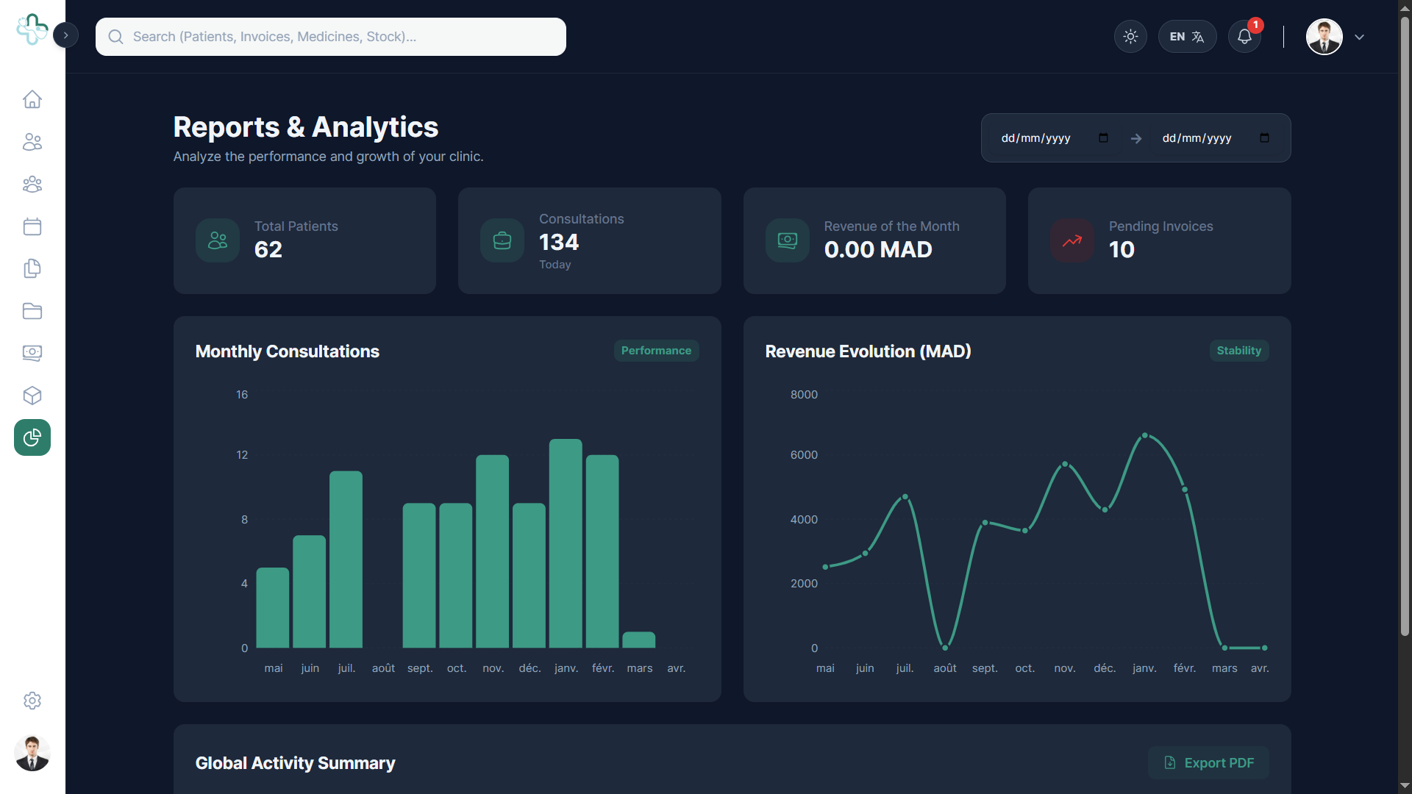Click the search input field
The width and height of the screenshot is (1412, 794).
[x=331, y=37]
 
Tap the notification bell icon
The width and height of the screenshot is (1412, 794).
[x=1244, y=37]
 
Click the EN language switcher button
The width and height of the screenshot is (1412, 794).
[x=1187, y=37]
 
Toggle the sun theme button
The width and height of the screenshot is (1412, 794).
[x=1130, y=37]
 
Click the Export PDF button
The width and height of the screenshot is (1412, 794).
[x=1208, y=763]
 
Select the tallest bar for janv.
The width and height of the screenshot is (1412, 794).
[x=566, y=543]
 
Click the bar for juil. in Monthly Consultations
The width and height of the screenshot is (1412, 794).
[x=346, y=559]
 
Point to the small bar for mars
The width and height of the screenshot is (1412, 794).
[x=639, y=640]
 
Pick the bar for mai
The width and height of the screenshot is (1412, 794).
[x=273, y=608]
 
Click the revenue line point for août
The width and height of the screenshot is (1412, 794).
[x=945, y=648]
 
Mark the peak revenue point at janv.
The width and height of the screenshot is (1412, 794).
[x=1144, y=436]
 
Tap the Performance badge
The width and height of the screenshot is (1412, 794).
[x=656, y=351]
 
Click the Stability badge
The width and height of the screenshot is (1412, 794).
[x=1238, y=351]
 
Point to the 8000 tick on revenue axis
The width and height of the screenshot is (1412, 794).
[x=804, y=395]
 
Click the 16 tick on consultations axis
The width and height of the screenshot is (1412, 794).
[x=242, y=395]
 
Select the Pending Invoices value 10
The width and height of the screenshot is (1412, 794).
[x=1122, y=250]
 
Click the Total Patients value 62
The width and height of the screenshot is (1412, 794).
[x=268, y=250]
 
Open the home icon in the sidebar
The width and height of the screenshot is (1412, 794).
[x=32, y=99]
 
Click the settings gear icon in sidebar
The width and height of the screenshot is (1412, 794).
[x=32, y=701]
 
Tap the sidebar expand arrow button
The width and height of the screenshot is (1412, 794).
[x=65, y=35]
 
